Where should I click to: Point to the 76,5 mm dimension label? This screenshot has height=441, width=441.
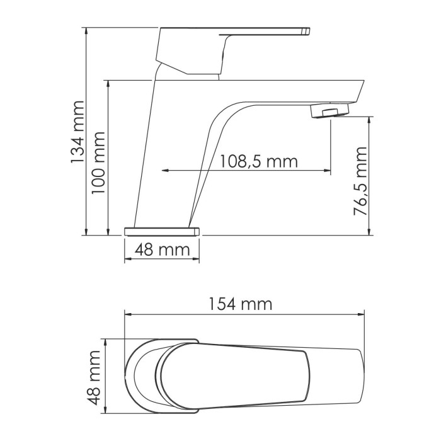coord(360,181)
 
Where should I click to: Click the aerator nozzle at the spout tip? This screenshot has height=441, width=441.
coord(330,112)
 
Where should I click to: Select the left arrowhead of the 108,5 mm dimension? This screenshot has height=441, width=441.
coord(165,170)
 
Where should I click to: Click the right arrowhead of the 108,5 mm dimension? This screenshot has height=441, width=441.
coord(328,170)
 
